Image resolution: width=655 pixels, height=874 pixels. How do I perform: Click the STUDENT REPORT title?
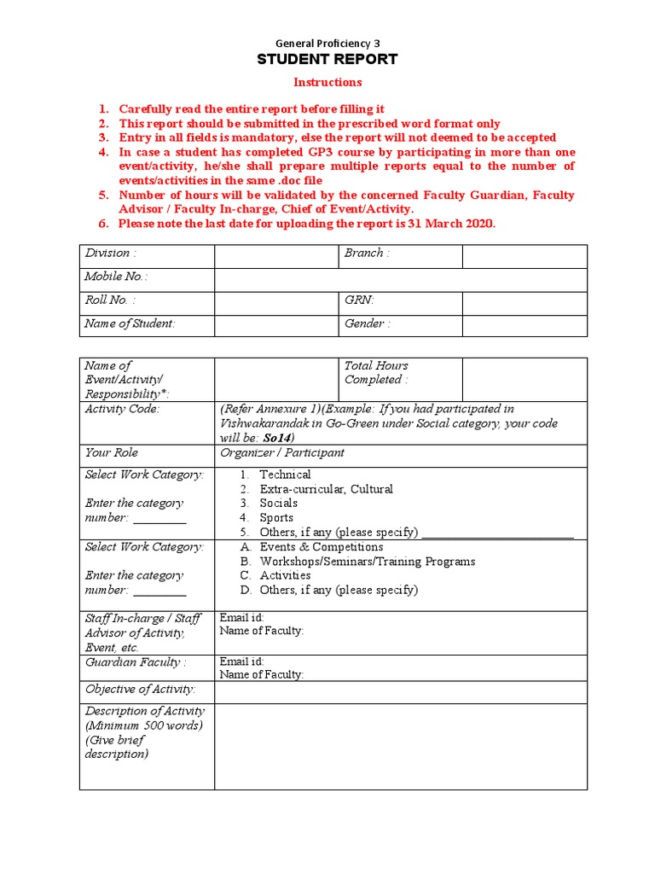click(328, 60)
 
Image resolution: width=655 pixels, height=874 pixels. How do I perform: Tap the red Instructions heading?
click(328, 82)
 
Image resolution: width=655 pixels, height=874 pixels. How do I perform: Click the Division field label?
click(110, 253)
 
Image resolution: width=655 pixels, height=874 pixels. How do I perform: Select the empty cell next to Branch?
click(525, 256)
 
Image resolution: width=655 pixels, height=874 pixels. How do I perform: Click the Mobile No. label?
click(115, 277)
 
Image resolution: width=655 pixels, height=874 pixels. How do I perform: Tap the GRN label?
click(359, 300)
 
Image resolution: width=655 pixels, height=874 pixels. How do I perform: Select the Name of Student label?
click(129, 323)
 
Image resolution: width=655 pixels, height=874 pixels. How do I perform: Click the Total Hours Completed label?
click(376, 372)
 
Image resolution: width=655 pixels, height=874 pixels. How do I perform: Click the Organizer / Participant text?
click(282, 452)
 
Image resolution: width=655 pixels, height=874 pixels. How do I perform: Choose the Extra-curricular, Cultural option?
click(326, 489)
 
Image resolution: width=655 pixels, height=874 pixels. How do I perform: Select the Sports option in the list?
click(276, 517)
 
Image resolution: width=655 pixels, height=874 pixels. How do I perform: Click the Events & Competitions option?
click(322, 547)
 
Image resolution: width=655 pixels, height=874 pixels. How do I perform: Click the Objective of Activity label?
click(140, 689)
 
